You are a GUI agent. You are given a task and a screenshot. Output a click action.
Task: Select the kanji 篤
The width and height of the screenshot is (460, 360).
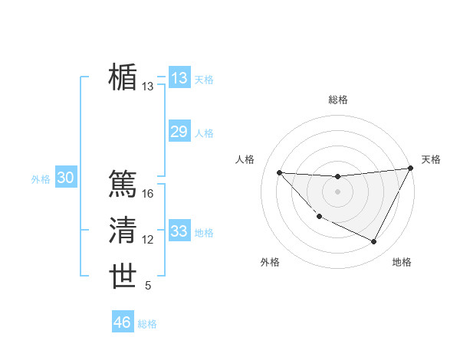pyautogui.click(x=123, y=184)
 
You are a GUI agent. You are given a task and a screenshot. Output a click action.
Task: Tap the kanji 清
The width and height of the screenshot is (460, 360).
pyautogui.click(x=123, y=231)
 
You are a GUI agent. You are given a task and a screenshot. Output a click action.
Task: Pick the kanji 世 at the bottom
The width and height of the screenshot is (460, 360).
pyautogui.click(x=123, y=277)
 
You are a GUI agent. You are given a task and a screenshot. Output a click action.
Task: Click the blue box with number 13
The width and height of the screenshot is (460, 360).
pyautogui.click(x=179, y=78)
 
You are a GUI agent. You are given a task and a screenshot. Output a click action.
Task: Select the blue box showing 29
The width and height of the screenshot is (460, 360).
pyautogui.click(x=179, y=132)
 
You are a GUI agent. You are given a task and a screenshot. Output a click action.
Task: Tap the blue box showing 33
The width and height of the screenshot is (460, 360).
pyautogui.click(x=179, y=231)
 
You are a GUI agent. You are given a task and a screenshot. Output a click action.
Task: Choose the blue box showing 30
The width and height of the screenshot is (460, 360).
pyautogui.click(x=65, y=178)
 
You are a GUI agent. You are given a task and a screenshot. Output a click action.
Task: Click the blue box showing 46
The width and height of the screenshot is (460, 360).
pyautogui.click(x=123, y=322)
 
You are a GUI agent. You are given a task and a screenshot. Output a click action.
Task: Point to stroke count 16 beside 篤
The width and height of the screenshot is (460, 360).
pyautogui.click(x=148, y=195)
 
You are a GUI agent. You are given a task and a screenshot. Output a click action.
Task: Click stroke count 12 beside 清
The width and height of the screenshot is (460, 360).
pyautogui.click(x=148, y=241)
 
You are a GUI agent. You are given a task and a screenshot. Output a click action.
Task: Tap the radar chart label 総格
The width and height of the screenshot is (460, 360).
pyautogui.click(x=338, y=100)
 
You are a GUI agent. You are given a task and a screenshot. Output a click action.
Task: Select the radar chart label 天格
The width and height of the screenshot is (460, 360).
pyautogui.click(x=431, y=159)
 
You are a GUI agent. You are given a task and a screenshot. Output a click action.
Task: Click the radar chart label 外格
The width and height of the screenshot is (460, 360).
pyautogui.click(x=270, y=262)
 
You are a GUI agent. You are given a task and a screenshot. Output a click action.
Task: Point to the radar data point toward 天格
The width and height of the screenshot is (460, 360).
pyautogui.click(x=410, y=169)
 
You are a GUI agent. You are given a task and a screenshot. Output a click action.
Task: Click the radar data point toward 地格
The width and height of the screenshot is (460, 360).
pyautogui.click(x=374, y=242)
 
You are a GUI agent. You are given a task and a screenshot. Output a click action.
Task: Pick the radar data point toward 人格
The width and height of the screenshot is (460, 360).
pyautogui.click(x=279, y=172)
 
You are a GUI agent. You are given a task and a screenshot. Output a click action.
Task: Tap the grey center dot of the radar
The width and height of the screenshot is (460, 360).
pyautogui.click(x=337, y=191)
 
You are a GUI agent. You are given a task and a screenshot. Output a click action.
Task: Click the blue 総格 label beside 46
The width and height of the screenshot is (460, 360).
pyautogui.click(x=147, y=324)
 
